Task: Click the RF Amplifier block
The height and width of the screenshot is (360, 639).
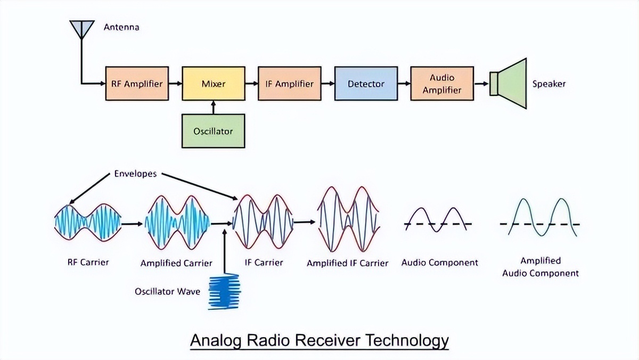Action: pyautogui.click(x=137, y=84)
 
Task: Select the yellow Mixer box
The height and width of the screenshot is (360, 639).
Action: pyautogui.click(x=214, y=84)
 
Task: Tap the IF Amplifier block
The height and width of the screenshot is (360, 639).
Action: pyautogui.click(x=290, y=84)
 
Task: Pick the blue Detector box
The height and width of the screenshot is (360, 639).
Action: pyautogui.click(x=366, y=84)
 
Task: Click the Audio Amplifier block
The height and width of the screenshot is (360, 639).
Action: pyautogui.click(x=441, y=84)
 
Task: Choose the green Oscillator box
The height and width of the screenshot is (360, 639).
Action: pyautogui.click(x=213, y=130)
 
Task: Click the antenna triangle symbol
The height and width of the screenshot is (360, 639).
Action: pyautogui.click(x=81, y=29)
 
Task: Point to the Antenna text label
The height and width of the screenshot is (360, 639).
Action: pyautogui.click(x=121, y=27)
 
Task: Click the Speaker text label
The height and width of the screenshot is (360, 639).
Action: pyautogui.click(x=549, y=84)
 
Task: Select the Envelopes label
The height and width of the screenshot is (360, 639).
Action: pyautogui.click(x=135, y=174)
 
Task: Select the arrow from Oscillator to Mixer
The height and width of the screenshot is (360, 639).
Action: pyautogui.click(x=214, y=107)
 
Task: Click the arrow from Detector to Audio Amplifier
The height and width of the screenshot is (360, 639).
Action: pyautogui.click(x=404, y=84)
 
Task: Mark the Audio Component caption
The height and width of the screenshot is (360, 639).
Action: pyautogui.click(x=439, y=263)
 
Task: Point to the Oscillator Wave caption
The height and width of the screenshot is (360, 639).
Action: pyautogui.click(x=168, y=292)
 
